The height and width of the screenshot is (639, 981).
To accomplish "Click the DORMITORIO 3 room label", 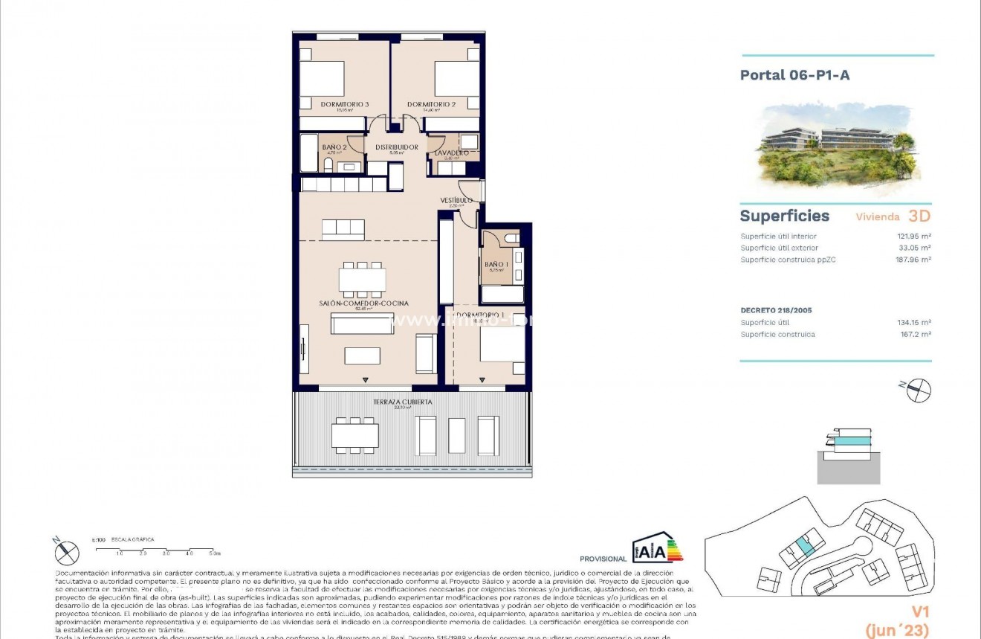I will [x=344, y=104].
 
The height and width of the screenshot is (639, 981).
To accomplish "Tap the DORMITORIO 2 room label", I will [x=431, y=104].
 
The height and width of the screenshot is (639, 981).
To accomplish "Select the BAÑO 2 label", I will [x=334, y=147].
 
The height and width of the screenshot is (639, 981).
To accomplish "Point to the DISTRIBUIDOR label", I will [x=396, y=147].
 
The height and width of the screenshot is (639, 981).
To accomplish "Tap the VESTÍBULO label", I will [x=456, y=200].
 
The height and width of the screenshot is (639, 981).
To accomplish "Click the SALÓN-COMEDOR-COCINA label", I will [x=363, y=303].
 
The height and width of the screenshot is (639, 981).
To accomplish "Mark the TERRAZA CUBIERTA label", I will [x=402, y=402].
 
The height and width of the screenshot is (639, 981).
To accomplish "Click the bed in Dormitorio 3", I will [x=322, y=79].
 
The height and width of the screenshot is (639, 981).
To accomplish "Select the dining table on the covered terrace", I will [x=355, y=435].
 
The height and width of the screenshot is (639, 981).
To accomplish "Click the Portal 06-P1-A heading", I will [x=794, y=74].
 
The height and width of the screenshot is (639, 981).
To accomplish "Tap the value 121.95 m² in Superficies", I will [x=913, y=237].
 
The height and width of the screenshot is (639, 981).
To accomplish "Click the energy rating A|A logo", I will [x=657, y=548].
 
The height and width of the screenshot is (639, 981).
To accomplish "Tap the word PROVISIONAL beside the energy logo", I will [x=603, y=559].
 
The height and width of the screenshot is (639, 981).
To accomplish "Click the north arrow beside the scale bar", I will [x=67, y=552].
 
